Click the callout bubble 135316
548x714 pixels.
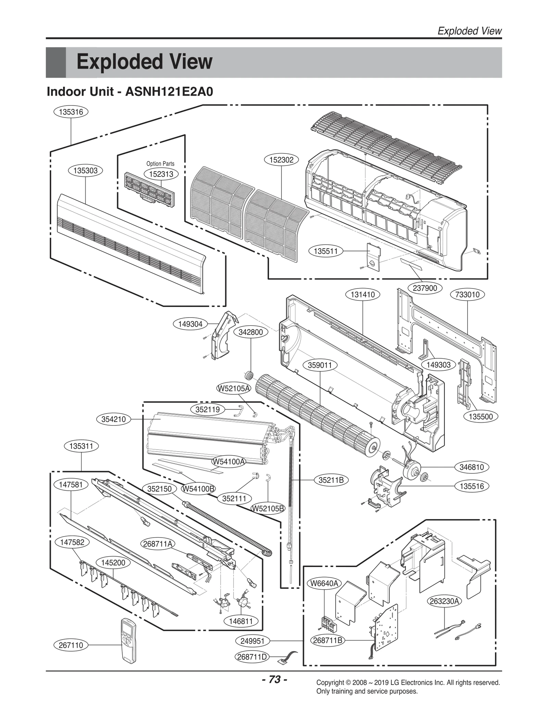coord(71,112)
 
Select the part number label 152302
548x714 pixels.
coord(281,160)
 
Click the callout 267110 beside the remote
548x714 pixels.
coord(71,645)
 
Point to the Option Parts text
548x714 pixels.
coord(160,164)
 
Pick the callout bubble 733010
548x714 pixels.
coord(467,295)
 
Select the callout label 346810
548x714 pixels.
coord(472,467)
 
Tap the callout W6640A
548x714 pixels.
coord(324,583)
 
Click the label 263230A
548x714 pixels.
coord(445,601)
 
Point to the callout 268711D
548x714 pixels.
coord(252,657)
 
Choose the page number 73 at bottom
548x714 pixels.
coord(274,679)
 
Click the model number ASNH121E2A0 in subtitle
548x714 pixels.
coord(169,92)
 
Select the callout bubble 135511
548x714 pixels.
coord(326,251)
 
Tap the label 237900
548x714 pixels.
coord(425,288)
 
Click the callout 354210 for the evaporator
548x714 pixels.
coord(113,419)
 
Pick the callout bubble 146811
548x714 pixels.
coord(241,621)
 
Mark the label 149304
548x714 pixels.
coord(190,324)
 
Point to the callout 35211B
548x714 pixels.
coord(331,480)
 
